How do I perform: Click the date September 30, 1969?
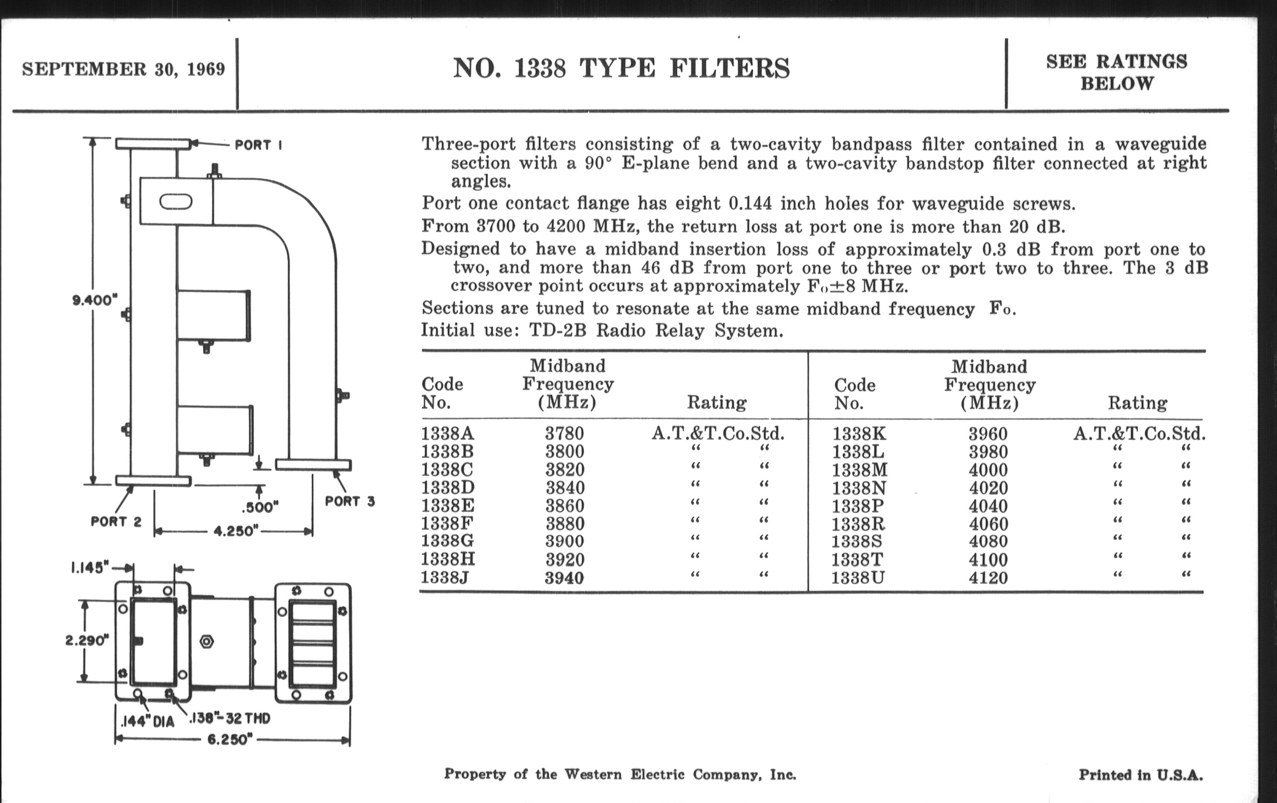123,69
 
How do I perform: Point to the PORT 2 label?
116,522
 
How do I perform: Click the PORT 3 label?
350,501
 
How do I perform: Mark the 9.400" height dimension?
95,301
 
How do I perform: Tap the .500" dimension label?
260,507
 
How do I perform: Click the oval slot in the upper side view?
175,202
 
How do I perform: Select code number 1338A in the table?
447,434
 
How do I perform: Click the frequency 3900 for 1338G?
565,541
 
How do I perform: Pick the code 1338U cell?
857,577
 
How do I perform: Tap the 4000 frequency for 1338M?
988,470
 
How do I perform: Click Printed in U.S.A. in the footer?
1140,775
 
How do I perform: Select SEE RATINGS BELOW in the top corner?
1116,72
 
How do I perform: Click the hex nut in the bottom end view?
207,641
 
